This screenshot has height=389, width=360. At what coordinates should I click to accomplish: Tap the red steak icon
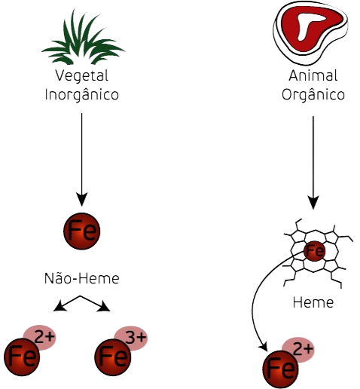tap(310, 32)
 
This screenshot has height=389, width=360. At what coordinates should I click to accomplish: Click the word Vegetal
tap(82, 76)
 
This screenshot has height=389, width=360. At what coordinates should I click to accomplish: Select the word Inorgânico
tap(82, 95)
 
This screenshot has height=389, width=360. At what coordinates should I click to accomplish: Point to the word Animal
tap(313, 75)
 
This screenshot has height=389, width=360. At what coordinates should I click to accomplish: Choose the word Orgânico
tap(313, 95)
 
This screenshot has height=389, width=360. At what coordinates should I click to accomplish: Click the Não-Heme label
tap(82, 278)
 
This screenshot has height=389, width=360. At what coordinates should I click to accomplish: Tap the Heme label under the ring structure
tap(313, 302)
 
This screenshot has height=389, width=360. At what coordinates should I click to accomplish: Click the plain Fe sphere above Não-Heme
tap(82, 231)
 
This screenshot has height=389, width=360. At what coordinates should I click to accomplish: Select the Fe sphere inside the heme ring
tap(314, 251)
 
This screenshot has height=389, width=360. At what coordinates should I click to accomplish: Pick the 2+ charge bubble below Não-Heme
tap(41, 337)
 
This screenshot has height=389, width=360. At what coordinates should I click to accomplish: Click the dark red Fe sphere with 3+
tap(113, 357)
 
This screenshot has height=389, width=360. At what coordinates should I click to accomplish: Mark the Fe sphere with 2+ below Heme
tap(281, 369)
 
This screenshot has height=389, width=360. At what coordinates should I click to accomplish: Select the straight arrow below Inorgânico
tap(82, 160)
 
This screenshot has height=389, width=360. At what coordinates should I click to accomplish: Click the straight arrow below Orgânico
tap(313, 163)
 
